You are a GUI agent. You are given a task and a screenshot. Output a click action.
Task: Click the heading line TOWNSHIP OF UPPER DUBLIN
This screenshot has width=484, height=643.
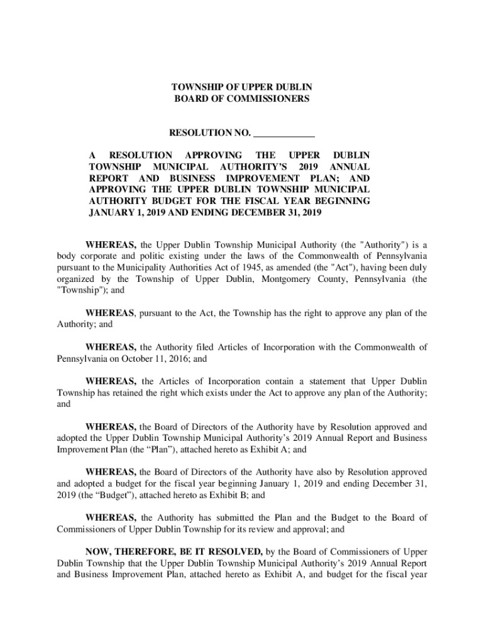242,87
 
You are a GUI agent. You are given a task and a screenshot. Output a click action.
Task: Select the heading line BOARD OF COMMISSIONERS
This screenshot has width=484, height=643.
242,99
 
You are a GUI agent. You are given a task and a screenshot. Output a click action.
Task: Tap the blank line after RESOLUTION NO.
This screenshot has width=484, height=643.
284,133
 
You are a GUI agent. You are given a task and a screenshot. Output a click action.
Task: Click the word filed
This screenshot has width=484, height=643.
190,347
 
